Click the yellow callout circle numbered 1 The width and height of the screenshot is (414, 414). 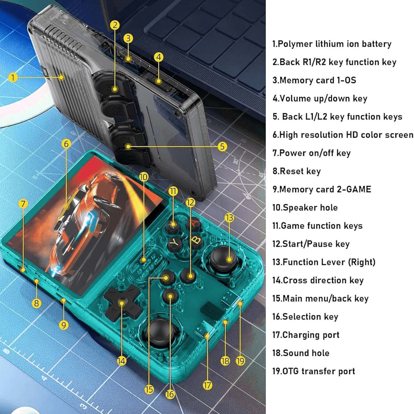pyautogui.click(x=13, y=77)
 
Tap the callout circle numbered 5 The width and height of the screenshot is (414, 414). pyautogui.click(x=222, y=147)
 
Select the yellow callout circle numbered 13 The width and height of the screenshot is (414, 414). pyautogui.click(x=229, y=218)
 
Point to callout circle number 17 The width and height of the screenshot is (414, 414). pyautogui.click(x=207, y=385)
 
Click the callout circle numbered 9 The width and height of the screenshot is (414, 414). pyautogui.click(x=64, y=325)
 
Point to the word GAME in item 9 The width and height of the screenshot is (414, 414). pyautogui.click(x=358, y=189)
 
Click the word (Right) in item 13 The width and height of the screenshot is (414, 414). pyautogui.click(x=362, y=262)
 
